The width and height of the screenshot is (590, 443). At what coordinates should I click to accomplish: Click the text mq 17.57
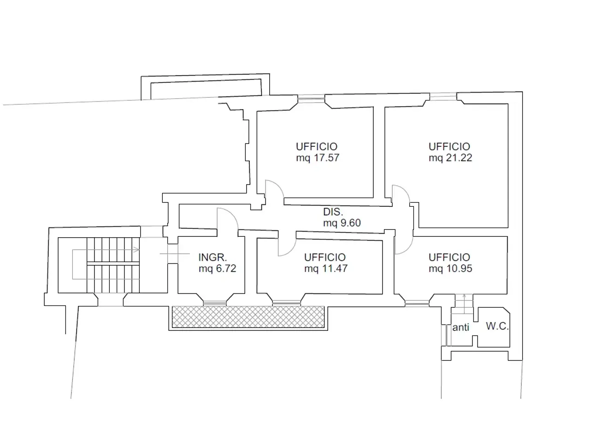[318, 158]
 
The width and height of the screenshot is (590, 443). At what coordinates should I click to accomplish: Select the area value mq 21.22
[450, 158]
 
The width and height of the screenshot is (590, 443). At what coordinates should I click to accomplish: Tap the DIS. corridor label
[333, 212]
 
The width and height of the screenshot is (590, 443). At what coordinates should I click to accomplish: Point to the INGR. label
[212, 257]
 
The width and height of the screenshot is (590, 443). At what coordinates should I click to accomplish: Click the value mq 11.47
[326, 269]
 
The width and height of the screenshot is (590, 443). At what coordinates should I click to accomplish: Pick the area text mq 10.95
[450, 269]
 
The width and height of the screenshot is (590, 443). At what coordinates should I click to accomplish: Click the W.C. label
[497, 326]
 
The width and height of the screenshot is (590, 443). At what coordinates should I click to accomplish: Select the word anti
[461, 327]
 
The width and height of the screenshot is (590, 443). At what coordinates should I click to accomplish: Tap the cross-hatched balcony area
[248, 317]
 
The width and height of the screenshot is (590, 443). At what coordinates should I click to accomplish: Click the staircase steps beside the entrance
[113, 265]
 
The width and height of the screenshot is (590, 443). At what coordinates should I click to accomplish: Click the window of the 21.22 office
[443, 96]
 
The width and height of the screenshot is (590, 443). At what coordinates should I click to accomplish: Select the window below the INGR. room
[214, 303]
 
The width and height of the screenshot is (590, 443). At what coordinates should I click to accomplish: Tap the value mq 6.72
[218, 269]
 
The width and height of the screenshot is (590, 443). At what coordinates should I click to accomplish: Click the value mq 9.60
[342, 223]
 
